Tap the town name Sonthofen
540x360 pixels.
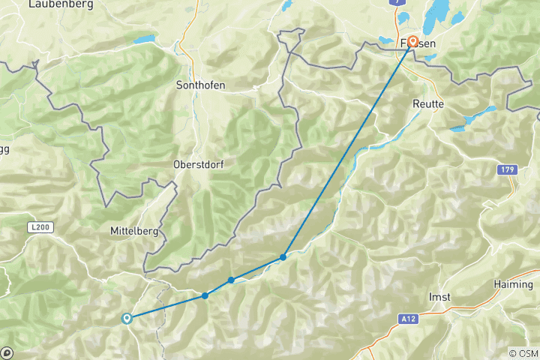click(x=199, y=85)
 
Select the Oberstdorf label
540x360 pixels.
click(x=199, y=163)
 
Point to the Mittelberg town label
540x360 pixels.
click(x=133, y=231)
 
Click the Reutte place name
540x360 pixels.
click(x=428, y=104)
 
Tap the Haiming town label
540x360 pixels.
click(x=513, y=284)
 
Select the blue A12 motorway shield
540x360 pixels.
click(x=406, y=319)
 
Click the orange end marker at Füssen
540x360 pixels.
click(x=412, y=42)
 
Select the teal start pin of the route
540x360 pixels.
click(x=127, y=319)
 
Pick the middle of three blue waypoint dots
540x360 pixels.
click(x=231, y=280)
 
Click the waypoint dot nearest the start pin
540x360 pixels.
click(x=205, y=295)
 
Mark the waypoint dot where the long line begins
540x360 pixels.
click(x=283, y=257)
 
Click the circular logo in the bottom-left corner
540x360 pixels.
click(x=7, y=352)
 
